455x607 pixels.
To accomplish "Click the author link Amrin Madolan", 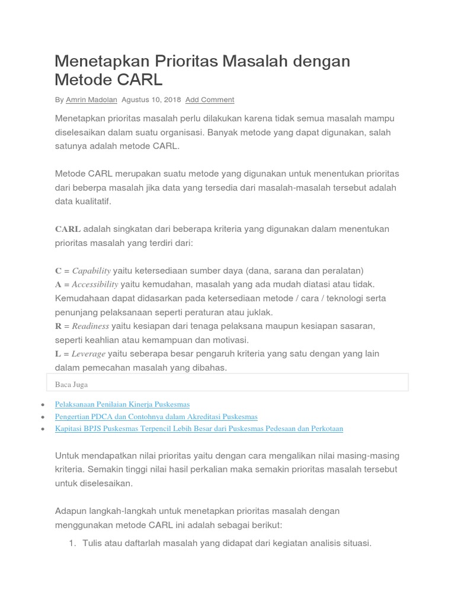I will tap(91, 100).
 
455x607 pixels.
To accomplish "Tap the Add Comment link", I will tap(210, 100).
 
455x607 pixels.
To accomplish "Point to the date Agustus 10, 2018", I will tap(151, 100).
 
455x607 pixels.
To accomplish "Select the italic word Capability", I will tap(91, 270).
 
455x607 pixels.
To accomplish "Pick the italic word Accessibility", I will tap(95, 284).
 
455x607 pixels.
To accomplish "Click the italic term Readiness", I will tap(91, 326).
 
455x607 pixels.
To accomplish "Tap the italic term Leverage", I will tap(88, 354).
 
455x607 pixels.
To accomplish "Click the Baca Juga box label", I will tap(71, 384).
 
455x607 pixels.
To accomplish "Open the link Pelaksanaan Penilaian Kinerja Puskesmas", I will tap(122, 404).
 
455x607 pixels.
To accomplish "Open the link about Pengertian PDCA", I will tap(156, 417).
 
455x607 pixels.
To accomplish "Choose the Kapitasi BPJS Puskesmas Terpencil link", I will tap(198, 429).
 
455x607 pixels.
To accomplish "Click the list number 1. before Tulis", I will tap(73, 542).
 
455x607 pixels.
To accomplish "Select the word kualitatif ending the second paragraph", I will tap(92, 202).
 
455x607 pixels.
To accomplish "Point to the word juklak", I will tap(259, 312).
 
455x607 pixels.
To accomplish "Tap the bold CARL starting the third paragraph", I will tap(68, 229).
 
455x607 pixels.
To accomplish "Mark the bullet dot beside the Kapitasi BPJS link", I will tap(43, 429).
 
